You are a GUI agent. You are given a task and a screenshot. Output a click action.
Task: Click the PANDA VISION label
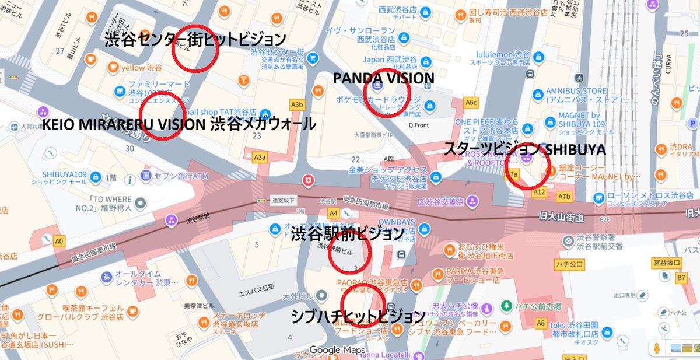point(383,78)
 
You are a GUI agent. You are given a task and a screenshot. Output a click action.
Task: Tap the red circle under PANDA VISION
point(387,92)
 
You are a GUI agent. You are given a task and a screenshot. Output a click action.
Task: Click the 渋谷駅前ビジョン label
point(347,235)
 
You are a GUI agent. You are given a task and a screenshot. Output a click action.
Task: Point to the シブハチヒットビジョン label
point(358,317)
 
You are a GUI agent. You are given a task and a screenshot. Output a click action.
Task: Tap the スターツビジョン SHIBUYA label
point(524,149)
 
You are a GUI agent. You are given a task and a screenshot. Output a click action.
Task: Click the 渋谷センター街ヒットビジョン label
point(195,40)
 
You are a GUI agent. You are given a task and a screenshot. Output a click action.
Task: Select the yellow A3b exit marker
point(297,104)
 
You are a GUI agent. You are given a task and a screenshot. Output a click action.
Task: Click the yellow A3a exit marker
point(260,157)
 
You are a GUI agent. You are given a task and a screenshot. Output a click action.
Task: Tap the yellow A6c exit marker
point(471,103)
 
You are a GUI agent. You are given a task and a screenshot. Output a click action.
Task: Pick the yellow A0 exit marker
point(58,240)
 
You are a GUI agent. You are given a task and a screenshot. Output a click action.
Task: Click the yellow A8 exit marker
point(541,322)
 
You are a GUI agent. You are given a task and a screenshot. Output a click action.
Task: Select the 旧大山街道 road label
point(562,217)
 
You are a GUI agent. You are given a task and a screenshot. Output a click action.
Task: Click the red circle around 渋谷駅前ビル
point(349,255)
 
